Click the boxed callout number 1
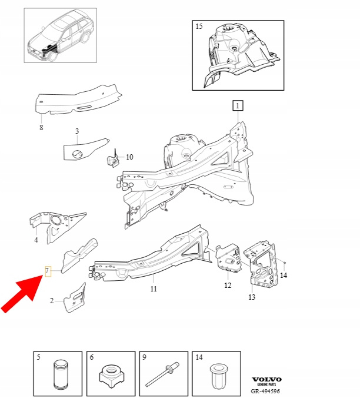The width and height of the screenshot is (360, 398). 238,105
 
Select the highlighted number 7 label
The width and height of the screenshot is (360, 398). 48,271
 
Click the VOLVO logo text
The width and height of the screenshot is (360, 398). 266,380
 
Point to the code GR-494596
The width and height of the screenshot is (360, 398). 265,391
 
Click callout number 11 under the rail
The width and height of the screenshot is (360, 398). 154,288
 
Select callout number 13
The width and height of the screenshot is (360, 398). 252,297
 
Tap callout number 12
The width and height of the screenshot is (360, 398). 228,286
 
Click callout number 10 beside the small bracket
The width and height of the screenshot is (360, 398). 129,157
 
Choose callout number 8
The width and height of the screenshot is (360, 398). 41,127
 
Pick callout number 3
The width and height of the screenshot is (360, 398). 77,131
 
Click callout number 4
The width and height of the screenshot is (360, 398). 36,240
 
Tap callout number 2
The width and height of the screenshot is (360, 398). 52,301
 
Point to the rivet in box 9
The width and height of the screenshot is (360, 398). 162,374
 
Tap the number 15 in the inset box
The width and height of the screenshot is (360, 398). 199,26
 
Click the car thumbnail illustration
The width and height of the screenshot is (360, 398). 61,35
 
